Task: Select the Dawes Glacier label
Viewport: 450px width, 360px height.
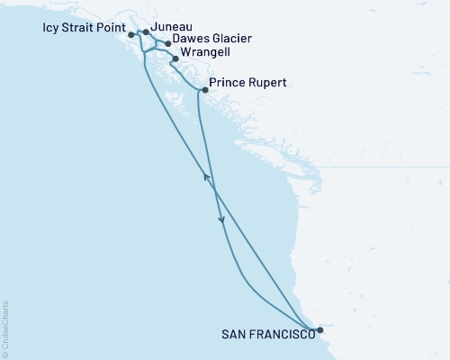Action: pyautogui.click(x=213, y=40)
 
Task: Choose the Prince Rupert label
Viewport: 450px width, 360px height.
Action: pyautogui.click(x=247, y=84)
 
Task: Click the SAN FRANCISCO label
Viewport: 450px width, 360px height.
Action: pyautogui.click(x=267, y=334)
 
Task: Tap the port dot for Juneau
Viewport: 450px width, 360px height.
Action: pyautogui.click(x=147, y=31)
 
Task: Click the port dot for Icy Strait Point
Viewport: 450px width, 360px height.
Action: pyautogui.click(x=131, y=34)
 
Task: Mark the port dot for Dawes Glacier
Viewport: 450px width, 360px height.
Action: pyautogui.click(x=168, y=42)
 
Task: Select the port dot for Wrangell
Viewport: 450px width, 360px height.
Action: pyautogui.click(x=175, y=58)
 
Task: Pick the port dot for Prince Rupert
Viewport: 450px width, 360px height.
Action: pyautogui.click(x=205, y=90)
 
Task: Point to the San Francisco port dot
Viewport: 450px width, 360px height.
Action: pyautogui.click(x=320, y=330)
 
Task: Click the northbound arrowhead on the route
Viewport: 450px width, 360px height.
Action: pyautogui.click(x=207, y=177)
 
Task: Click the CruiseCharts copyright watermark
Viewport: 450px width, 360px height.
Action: pyautogui.click(x=5, y=329)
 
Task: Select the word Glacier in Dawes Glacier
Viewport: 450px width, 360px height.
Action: pyautogui.click(x=229, y=40)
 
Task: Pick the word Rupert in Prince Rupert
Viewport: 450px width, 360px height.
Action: pyautogui.click(x=267, y=84)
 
